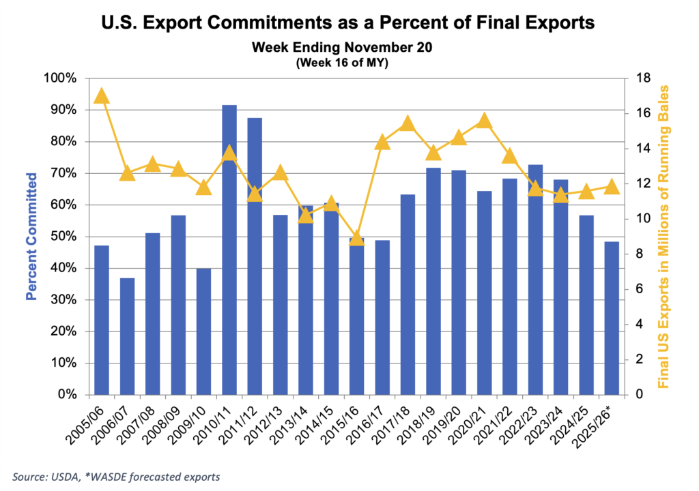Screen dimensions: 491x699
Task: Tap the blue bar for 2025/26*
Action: point(612,318)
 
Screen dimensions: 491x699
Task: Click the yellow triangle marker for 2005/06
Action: point(102,95)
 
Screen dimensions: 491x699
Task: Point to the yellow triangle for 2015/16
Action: point(357,238)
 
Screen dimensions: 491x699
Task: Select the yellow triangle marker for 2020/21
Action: point(484,121)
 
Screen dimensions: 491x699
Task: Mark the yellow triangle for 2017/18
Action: point(408,123)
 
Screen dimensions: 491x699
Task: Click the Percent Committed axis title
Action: point(31,237)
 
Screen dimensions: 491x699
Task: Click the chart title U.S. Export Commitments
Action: point(348,24)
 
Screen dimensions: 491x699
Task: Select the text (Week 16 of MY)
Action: point(348,63)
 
